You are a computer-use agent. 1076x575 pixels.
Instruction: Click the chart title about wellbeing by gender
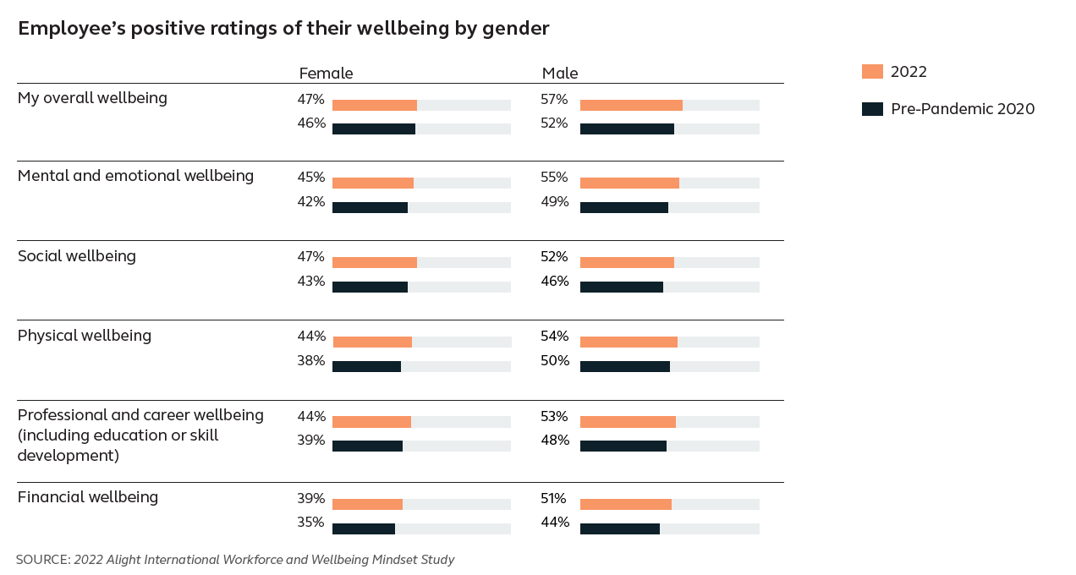283,29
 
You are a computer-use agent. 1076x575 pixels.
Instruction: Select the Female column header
326,74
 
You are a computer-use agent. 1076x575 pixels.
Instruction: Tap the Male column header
560,74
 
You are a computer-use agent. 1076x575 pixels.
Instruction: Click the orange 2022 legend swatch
872,72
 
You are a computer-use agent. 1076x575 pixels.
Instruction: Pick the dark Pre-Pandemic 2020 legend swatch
872,109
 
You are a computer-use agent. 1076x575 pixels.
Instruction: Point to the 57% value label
554,100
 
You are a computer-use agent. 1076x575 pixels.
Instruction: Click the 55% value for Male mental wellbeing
554,178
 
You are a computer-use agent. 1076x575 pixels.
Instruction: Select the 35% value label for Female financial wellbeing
310,523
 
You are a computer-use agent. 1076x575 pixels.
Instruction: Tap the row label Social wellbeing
77,256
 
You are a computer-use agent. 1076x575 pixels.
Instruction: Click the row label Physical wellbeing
85,336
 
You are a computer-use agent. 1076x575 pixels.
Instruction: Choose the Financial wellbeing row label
88,497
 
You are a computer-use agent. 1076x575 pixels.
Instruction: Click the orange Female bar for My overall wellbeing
374,106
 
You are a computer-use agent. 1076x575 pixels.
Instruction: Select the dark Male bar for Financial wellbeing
619,529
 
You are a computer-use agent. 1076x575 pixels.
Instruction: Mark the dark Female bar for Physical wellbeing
366,367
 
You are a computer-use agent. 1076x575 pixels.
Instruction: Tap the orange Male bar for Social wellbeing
627,263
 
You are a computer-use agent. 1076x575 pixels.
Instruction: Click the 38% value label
310,361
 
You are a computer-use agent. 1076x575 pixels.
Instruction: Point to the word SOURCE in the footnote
42,560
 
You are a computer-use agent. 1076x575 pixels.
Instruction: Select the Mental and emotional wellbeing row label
135,176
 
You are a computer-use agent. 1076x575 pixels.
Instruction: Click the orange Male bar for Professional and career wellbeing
628,422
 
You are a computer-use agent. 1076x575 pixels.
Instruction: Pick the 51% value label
554,499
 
